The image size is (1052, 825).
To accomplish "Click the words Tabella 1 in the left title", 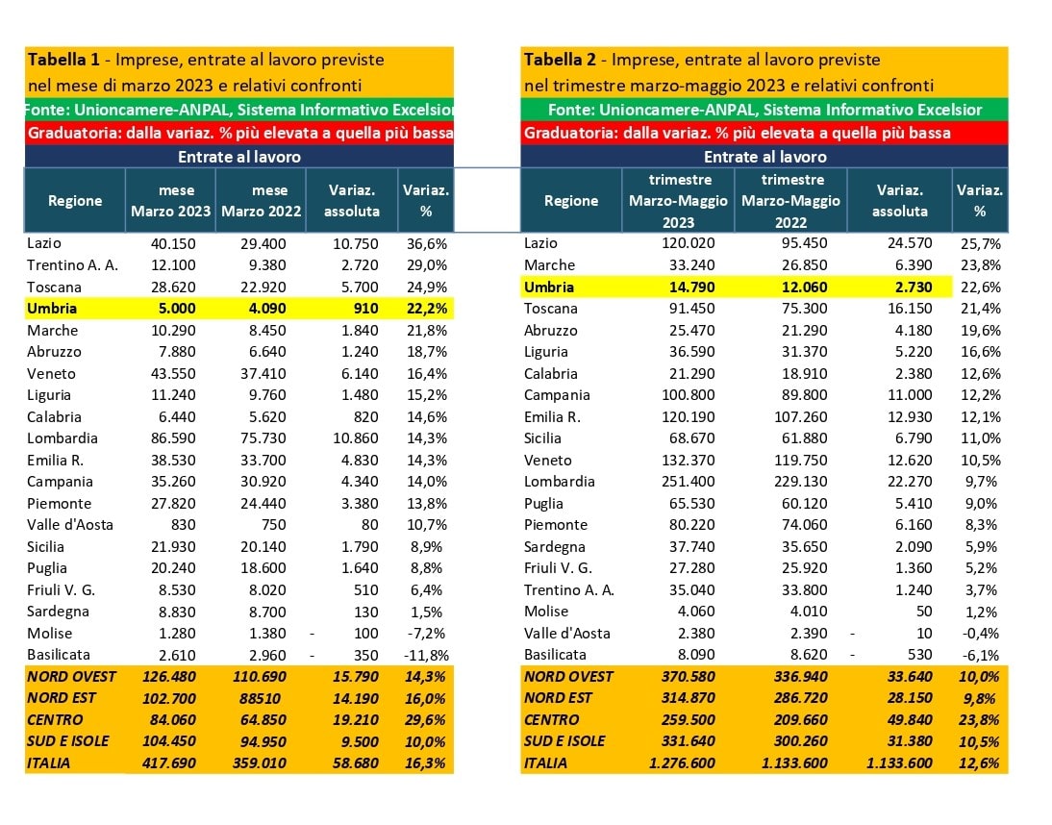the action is point(63,60).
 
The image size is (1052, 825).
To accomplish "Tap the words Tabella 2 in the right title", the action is point(560,60).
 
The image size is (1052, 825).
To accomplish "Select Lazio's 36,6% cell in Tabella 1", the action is point(427,243).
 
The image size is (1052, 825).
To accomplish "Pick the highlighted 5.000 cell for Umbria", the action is point(177,309).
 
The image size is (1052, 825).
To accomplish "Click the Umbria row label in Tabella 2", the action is point(549,287).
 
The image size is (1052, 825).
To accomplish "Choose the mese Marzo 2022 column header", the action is point(261,201).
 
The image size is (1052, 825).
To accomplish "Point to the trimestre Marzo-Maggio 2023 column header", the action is point(678,201).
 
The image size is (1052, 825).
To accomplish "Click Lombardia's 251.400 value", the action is point(689,482).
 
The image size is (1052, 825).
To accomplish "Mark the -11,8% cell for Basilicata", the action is point(427,656).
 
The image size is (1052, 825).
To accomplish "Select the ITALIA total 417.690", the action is point(169,763).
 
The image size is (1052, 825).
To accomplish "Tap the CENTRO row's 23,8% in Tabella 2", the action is point(979,720).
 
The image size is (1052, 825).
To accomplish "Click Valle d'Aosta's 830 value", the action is point(183,525).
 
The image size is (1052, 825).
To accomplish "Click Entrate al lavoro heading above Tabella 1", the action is point(239,157).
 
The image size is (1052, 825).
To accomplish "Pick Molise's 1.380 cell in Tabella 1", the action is point(267,634).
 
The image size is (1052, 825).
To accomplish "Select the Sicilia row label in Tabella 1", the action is point(45,547).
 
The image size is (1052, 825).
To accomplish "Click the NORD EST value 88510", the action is point(261,698).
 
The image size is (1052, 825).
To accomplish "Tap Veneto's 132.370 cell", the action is point(689,461).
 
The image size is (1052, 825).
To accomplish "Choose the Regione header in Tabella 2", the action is point(571,201).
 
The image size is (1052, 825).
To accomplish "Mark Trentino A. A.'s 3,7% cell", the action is point(982,590).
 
